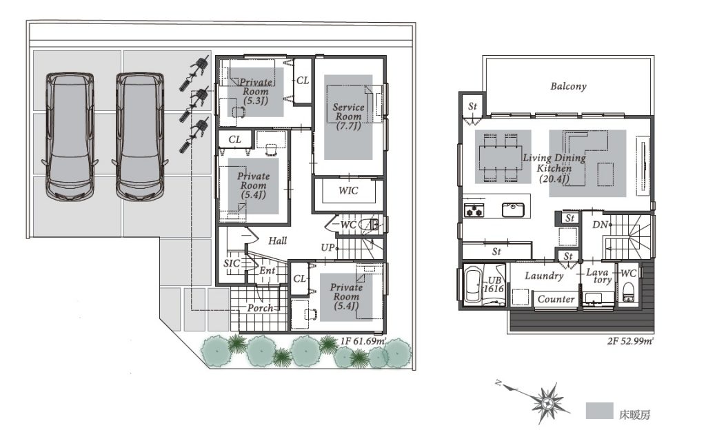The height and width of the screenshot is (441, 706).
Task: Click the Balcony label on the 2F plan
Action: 568,86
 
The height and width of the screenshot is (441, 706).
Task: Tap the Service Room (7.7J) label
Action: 348,116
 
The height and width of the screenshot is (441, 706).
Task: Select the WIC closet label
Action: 348,191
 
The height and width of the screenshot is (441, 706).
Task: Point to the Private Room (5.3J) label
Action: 256,92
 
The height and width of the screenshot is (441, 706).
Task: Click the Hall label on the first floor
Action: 277,240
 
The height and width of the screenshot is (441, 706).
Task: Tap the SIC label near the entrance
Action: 232,263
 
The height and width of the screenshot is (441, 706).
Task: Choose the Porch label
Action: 260,308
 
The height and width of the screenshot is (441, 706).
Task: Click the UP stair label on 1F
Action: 327,247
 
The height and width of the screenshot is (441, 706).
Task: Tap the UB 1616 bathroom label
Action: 493,285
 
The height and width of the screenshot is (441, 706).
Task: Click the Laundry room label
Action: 544,276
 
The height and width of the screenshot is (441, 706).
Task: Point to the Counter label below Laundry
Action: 556,299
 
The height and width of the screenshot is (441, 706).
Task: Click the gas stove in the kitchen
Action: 474,210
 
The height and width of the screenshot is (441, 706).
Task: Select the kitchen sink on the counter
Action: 513,209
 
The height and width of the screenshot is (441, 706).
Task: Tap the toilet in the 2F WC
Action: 628,292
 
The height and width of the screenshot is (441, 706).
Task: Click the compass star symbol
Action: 548,402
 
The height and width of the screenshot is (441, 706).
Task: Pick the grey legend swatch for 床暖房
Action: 599,411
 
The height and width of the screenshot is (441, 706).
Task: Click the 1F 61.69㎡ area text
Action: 363,341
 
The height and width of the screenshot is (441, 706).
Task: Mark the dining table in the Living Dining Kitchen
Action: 500,157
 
